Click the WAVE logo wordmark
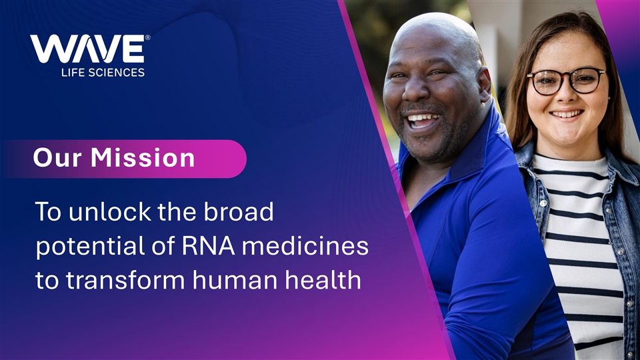click(x=87, y=49)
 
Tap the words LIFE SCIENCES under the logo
click(x=103, y=73)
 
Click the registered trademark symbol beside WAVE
click(x=148, y=37)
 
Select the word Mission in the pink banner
click(x=143, y=157)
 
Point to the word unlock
click(x=109, y=211)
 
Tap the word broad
click(x=239, y=211)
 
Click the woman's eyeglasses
click(x=567, y=81)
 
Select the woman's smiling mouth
click(x=566, y=114)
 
